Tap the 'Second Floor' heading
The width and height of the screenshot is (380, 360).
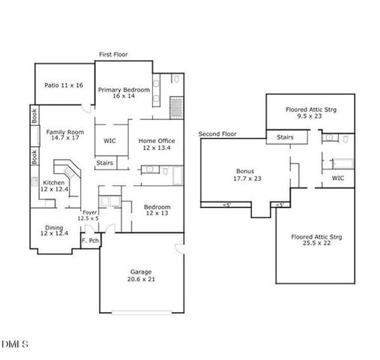point(217,134)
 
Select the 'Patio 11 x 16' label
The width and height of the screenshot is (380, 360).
point(63,85)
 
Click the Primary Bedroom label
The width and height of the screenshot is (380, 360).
point(124,93)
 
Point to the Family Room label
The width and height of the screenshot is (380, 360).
point(65,134)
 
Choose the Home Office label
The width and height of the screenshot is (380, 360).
point(157,144)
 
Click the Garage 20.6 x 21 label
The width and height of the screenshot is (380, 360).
point(141,275)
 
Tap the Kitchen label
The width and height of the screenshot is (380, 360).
point(54,186)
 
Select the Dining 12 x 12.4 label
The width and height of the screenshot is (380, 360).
point(54,230)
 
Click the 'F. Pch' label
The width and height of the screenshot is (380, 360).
point(90,240)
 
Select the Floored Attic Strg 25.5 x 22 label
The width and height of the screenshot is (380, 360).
point(317,241)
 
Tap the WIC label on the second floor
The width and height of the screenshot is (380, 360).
point(338,178)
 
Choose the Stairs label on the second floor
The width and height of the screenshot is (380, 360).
point(285,137)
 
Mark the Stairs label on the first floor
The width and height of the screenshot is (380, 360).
point(104,163)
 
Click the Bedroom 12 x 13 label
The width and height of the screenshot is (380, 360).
point(157,210)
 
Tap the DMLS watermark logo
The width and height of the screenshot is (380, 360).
point(15,344)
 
